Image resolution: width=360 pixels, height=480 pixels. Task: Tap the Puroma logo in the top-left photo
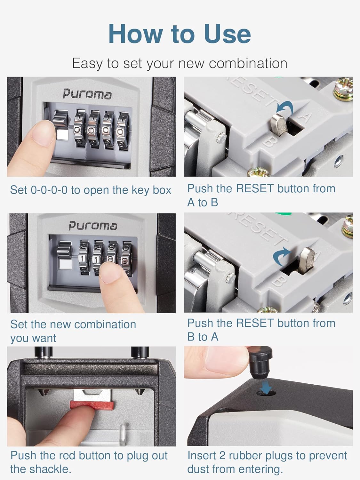[x=87, y=94]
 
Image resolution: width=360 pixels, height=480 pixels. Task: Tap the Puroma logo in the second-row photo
[x=93, y=226]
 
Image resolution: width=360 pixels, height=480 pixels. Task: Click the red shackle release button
[x=92, y=405]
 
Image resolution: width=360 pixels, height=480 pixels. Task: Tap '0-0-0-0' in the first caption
[x=49, y=190]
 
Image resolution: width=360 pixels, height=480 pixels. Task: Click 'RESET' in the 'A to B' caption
[x=255, y=188]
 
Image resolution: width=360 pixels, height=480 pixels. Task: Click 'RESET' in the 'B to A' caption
[x=255, y=323]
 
